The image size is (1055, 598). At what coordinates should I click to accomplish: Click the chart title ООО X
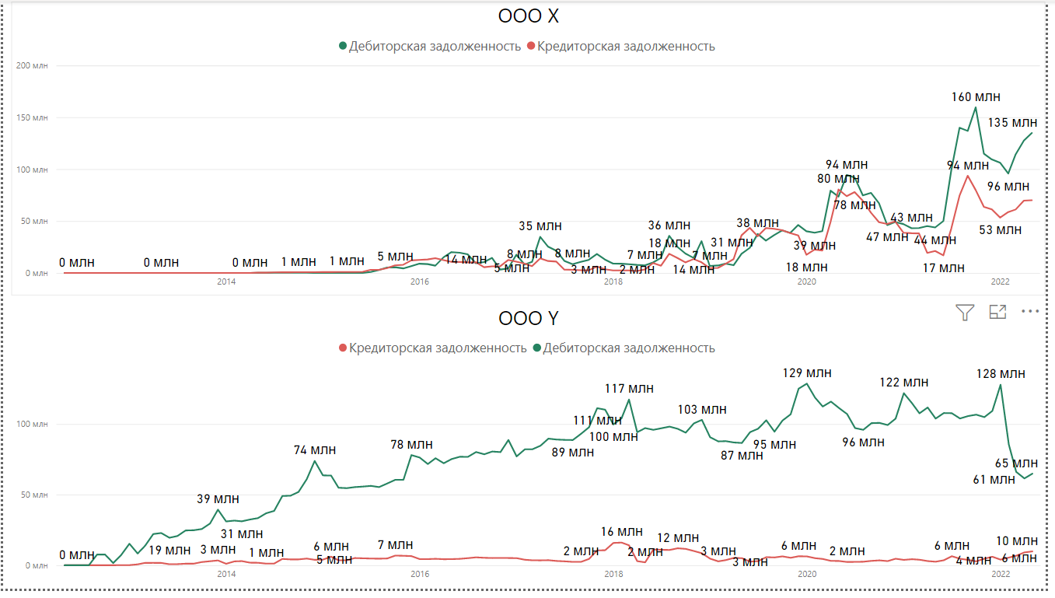coord(528,16)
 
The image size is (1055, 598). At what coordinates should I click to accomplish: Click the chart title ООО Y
coord(528,318)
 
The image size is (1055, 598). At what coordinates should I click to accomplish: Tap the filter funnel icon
coord(964,312)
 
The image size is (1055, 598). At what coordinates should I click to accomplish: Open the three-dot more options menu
coord(1030,311)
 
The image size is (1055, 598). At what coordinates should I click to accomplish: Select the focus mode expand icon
coord(997,312)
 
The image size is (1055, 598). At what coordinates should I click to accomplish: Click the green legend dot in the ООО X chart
coord(343,46)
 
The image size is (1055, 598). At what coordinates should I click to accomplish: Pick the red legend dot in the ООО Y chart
coord(343,348)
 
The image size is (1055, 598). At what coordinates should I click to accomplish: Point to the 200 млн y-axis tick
coord(32,65)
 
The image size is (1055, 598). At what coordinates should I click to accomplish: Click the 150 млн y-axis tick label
coord(32,117)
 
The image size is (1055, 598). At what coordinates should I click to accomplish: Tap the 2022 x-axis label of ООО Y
coord(1000,574)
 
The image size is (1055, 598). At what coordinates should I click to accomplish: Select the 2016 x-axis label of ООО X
coord(420,282)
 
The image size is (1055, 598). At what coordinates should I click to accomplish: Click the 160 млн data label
coord(976,97)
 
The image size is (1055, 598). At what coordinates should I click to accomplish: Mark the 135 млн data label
coord(1012,123)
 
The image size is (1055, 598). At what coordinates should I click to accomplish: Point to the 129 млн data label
coord(807,373)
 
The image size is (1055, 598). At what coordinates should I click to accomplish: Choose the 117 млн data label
coord(629,389)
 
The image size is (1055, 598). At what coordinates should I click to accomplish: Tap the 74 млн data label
coord(315,450)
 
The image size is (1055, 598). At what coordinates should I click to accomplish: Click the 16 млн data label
coord(622,532)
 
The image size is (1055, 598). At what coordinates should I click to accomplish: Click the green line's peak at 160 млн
coord(976,107)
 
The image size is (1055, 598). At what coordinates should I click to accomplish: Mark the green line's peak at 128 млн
coord(1000,385)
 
